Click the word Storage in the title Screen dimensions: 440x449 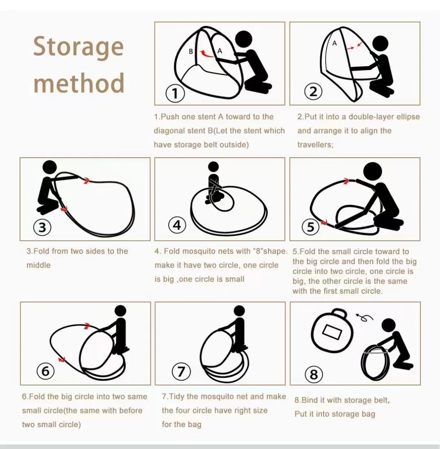pyautogui.click(x=79, y=47)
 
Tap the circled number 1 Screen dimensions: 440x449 pyautogui.click(x=175, y=93)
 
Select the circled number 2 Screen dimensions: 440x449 pyautogui.click(x=313, y=92)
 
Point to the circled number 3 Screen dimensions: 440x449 pyautogui.click(x=42, y=227)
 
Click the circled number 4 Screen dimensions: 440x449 pyautogui.click(x=177, y=225)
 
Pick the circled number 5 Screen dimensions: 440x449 pyautogui.click(x=310, y=227)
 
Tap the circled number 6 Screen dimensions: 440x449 pyautogui.click(x=46, y=371)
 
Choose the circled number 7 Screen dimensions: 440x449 pyautogui.click(x=181, y=372)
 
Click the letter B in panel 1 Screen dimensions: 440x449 pyautogui.click(x=191, y=52)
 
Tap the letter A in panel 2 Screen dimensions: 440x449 pyautogui.click(x=334, y=43)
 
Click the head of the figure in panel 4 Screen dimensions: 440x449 pyautogui.click(x=213, y=167)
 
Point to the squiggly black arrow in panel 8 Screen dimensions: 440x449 pyautogui.click(x=364, y=317)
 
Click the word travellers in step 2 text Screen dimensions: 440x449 pyautogui.click(x=315, y=145)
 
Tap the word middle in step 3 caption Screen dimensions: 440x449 pyautogui.click(x=38, y=265)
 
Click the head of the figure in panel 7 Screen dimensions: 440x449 pyautogui.click(x=239, y=311)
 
